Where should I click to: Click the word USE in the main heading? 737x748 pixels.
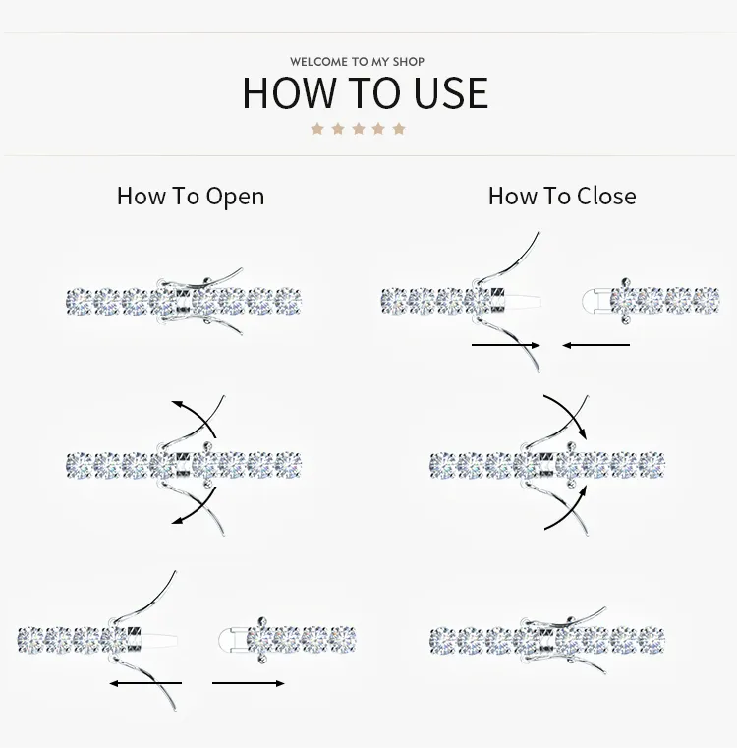coord(451,93)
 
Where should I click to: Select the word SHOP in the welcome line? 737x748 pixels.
coord(409,62)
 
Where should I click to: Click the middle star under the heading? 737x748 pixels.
coord(359,129)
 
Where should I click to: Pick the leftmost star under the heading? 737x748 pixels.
coord(317,129)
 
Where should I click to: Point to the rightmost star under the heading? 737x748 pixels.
coord(399,129)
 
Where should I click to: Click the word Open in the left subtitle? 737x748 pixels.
coord(235,197)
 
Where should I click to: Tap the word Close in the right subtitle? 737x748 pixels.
coord(606,196)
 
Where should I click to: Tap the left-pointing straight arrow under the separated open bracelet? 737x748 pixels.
coord(145,683)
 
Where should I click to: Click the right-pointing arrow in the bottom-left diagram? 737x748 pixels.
coord(248,683)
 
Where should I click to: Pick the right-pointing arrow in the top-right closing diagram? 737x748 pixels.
coord(506,345)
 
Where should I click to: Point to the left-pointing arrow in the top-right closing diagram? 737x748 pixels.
coord(595,345)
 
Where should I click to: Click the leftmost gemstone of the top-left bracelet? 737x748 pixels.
coord(80,303)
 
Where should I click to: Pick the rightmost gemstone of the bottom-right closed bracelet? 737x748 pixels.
coord(652,640)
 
